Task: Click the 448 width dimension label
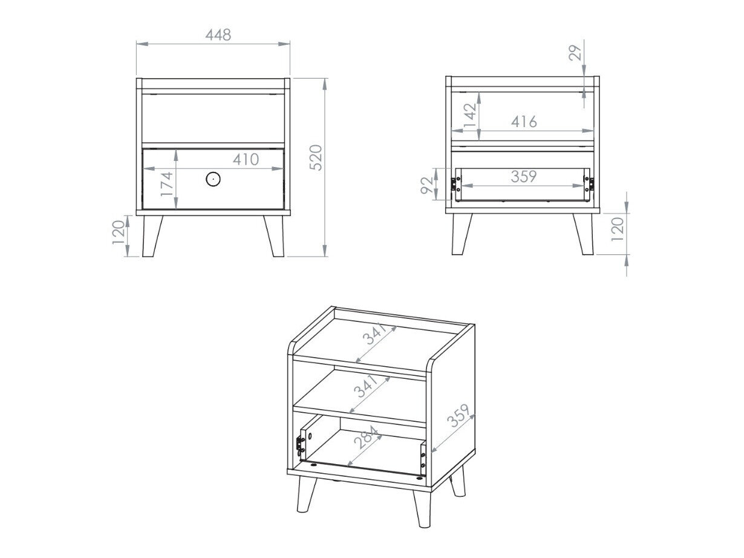(218, 35)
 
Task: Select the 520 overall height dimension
(316, 157)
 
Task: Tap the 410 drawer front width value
(246, 159)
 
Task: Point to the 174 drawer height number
(167, 185)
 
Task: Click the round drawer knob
(213, 179)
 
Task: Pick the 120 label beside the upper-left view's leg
(119, 232)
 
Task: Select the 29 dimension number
(575, 53)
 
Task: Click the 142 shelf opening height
(470, 116)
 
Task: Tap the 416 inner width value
(524, 122)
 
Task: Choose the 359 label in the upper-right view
(524, 177)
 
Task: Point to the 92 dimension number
(426, 185)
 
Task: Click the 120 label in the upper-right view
(617, 229)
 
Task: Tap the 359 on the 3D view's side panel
(458, 415)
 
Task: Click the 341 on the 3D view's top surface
(374, 333)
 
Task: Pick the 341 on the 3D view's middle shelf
(365, 386)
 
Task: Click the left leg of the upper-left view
(152, 236)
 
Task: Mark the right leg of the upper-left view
(274, 236)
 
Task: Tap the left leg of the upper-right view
(462, 234)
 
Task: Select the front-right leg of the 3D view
(422, 508)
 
